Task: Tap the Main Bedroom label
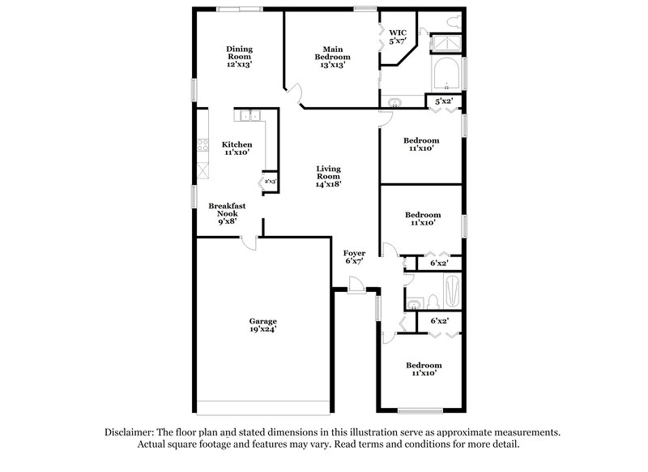coord(333,57)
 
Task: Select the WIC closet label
coord(397,36)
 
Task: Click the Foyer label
coord(354,257)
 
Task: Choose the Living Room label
coord(328,176)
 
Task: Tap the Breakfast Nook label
coord(227,212)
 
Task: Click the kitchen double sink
coord(248,116)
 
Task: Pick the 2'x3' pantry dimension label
coord(271,182)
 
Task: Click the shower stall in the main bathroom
coord(445,44)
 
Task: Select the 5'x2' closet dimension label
coord(444,101)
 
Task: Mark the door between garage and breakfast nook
coord(249,242)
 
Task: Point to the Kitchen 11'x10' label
coord(237,148)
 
